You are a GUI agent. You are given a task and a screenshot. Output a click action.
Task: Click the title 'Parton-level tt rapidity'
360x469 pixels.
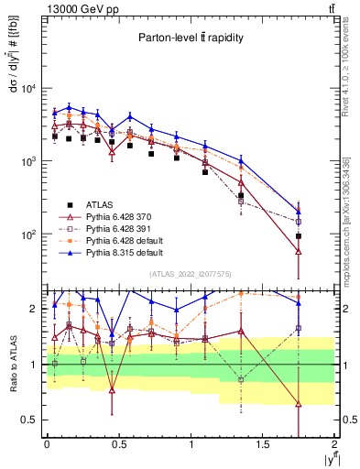(x=190, y=38)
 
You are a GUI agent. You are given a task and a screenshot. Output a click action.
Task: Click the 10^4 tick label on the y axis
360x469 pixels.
(x=30, y=89)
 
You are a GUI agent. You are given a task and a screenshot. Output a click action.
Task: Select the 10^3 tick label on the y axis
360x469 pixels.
(x=30, y=161)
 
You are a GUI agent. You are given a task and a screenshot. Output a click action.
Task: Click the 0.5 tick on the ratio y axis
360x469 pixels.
(x=34, y=420)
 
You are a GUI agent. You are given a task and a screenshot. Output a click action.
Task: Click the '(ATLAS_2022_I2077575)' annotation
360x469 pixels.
(x=190, y=274)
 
